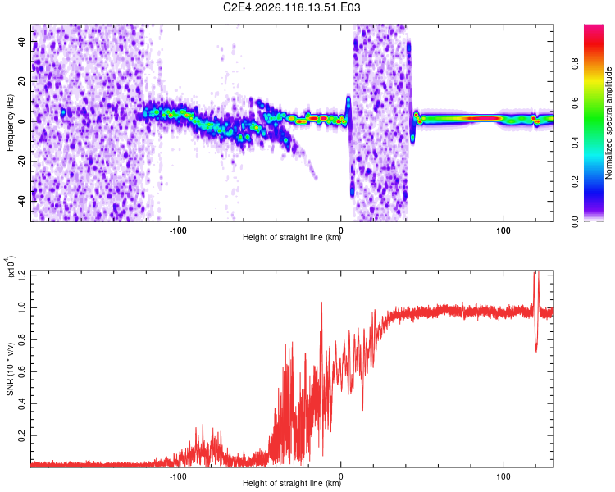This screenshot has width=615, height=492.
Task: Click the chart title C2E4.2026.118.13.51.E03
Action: [291, 7]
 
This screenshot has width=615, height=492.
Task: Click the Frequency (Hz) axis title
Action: [10, 123]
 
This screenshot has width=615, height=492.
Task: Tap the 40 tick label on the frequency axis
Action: [21, 41]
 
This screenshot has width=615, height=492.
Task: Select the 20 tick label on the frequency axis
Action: [21, 81]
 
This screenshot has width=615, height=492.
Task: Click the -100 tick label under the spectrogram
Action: [178, 230]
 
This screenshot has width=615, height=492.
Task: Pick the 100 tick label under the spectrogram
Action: [503, 230]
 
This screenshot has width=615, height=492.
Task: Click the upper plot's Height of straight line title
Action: [292, 237]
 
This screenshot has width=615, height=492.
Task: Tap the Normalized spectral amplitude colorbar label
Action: [608, 123]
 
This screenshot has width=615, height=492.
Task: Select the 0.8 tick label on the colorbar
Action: [575, 63]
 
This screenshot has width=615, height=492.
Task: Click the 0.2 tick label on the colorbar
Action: [575, 182]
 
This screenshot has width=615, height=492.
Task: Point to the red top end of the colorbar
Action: [594, 26]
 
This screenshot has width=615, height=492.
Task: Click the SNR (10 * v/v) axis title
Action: [10, 369]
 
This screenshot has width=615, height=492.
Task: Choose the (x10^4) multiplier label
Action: [11, 266]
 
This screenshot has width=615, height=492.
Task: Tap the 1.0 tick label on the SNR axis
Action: [21, 308]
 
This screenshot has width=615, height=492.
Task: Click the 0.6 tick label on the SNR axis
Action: [21, 371]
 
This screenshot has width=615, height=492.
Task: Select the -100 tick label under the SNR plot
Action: [178, 476]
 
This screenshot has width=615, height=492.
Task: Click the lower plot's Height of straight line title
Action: [292, 483]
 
